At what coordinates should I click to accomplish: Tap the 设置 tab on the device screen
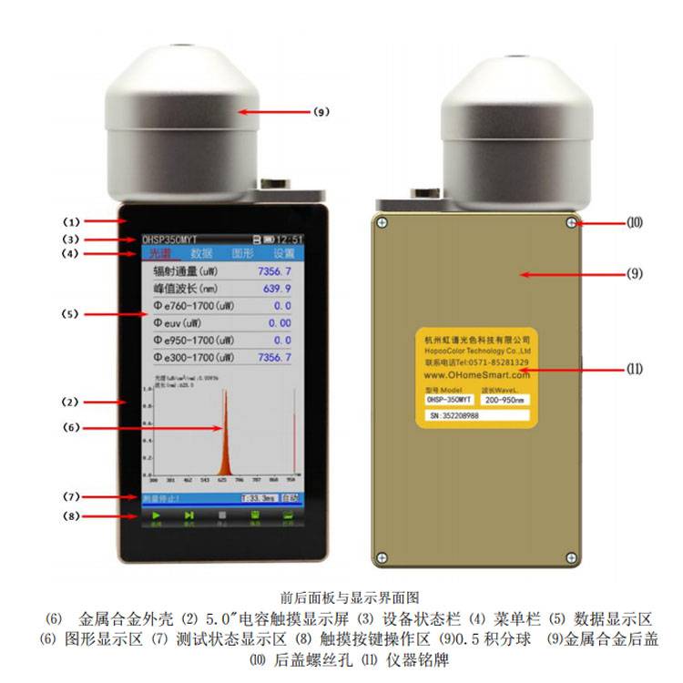[x=283, y=253]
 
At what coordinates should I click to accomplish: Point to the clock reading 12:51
[x=291, y=240]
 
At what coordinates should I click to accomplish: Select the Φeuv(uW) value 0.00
[x=280, y=322]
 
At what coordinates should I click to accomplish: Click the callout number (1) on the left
[x=72, y=221]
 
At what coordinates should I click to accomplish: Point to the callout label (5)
[x=72, y=314]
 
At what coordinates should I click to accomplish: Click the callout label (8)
[x=72, y=516]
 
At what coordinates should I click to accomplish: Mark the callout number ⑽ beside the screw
[x=635, y=221]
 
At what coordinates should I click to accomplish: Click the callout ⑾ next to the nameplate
[x=635, y=369]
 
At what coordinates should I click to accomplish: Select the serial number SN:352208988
[x=460, y=415]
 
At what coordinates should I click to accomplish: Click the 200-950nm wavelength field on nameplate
[x=504, y=399]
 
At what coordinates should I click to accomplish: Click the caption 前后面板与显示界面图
[x=341, y=598]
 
